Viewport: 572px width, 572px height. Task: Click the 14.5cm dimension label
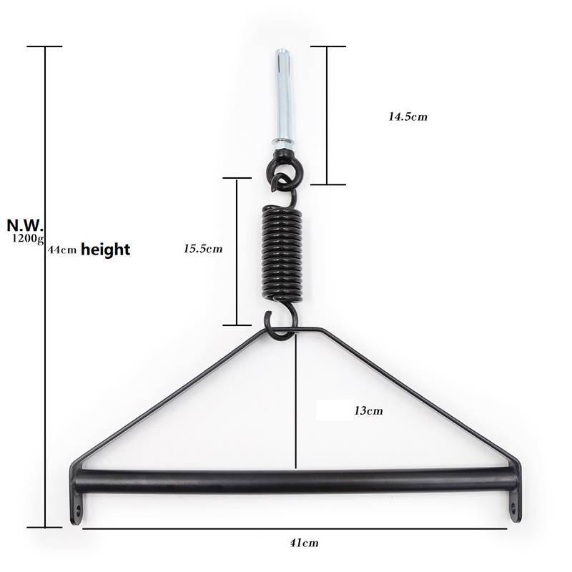[408, 117]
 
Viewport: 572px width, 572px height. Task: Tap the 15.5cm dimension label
[203, 249]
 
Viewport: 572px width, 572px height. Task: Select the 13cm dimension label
[368, 410]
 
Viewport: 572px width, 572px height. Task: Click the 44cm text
[62, 251]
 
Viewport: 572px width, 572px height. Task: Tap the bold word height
[105, 250]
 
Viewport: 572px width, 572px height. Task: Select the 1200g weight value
[27, 239]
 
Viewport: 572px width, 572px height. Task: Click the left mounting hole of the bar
[76, 512]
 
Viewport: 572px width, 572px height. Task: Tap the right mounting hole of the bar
[513, 508]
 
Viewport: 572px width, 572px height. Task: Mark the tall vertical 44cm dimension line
[46, 357]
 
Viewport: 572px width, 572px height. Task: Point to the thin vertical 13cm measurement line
[295, 400]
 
